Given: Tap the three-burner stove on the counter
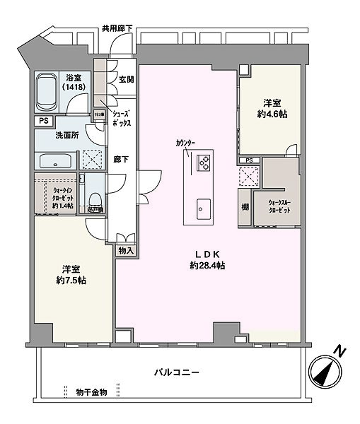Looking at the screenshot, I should (x=204, y=162).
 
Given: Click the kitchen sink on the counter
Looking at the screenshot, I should (x=203, y=208).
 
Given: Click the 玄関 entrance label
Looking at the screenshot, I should (x=127, y=79).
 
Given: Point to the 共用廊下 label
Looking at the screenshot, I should (x=117, y=28).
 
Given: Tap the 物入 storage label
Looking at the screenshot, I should (x=126, y=251).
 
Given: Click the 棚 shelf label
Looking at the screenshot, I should (x=244, y=207).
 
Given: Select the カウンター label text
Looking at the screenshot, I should (x=186, y=143).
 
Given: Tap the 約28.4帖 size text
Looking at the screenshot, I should (x=207, y=266).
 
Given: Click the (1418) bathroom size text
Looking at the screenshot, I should (x=73, y=88).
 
